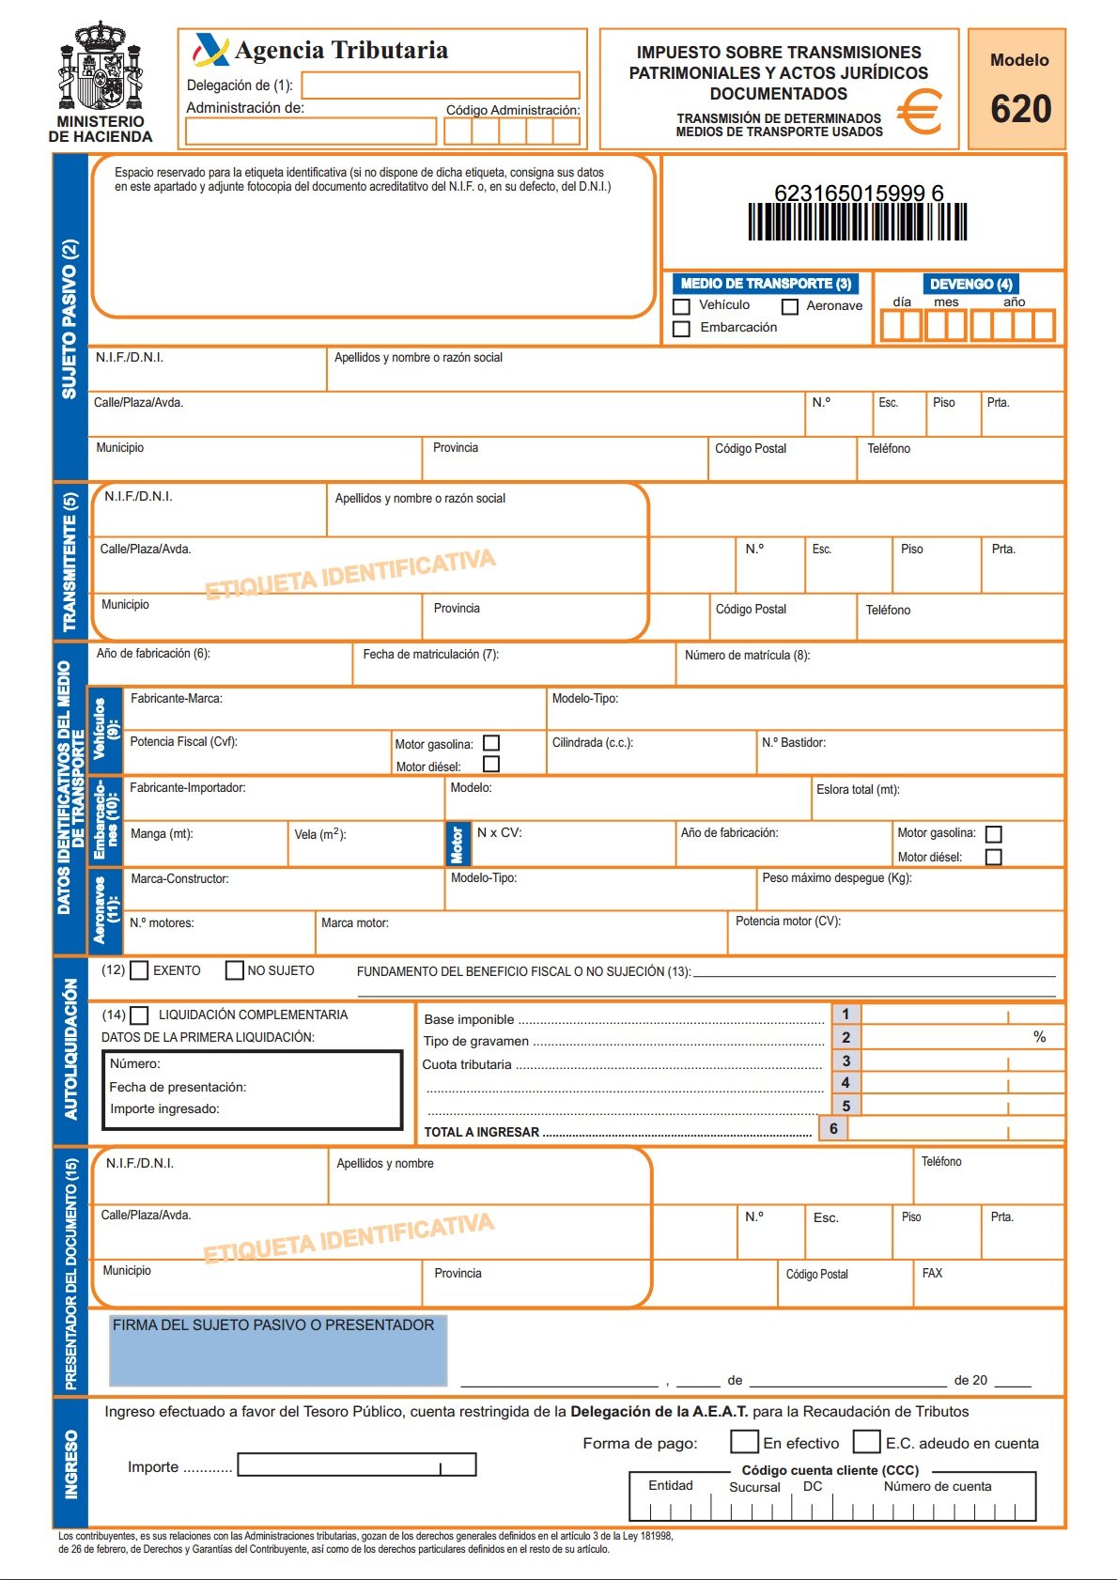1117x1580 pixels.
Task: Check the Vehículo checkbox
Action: click(682, 306)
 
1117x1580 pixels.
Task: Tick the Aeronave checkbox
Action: click(790, 306)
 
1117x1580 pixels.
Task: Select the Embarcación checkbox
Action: click(682, 328)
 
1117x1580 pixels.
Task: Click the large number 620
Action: click(1020, 110)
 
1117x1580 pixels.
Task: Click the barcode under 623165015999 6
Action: click(857, 223)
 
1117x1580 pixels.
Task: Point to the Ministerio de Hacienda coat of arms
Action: click(101, 67)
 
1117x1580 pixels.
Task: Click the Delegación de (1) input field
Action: click(440, 85)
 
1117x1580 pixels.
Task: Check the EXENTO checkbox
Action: click(139, 970)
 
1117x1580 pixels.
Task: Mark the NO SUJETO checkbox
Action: click(235, 970)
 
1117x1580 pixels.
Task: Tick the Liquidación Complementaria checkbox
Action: click(139, 1015)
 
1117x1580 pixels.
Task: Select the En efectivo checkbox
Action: click(744, 1442)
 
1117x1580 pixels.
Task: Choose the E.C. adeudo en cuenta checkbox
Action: click(866, 1442)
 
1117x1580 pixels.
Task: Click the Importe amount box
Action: click(357, 1464)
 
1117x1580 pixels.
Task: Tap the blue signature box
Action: click(278, 1350)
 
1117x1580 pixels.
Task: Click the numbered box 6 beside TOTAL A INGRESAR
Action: click(833, 1128)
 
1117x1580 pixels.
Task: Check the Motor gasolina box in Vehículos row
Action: click(491, 743)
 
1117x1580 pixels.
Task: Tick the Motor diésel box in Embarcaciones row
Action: click(994, 857)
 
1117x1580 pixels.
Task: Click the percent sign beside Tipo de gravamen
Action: click(1039, 1037)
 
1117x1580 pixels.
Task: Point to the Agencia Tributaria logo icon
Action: click(210, 50)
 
